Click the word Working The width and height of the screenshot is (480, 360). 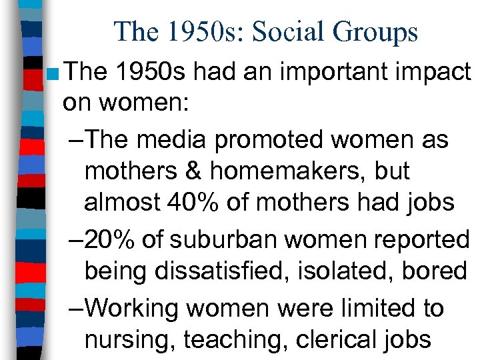tap(135, 307)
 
